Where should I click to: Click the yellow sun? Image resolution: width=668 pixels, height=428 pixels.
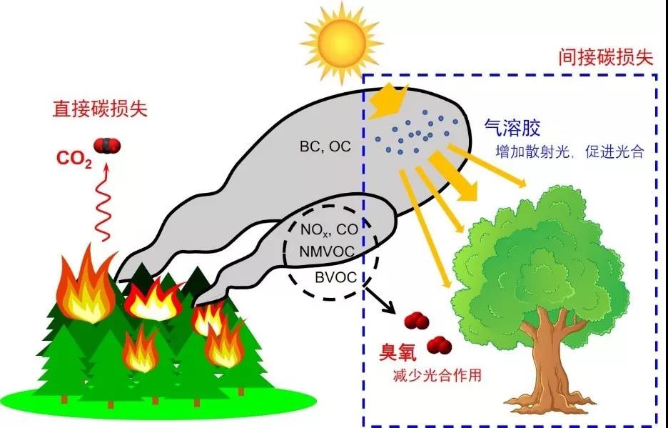342,44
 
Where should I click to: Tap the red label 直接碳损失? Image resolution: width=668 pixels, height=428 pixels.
100,109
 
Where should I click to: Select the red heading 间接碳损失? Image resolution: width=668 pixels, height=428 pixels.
606,56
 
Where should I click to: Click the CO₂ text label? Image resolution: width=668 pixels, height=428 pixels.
74,159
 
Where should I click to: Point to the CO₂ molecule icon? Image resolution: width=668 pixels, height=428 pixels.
107,146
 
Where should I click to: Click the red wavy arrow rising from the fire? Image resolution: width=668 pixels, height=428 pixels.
103,201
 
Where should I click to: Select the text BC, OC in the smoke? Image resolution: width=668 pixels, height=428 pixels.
325,146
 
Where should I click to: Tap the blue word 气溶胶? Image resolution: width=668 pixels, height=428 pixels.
512,127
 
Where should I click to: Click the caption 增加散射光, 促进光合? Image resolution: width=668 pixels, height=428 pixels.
570,152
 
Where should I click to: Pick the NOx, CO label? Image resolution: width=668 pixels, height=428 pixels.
329,230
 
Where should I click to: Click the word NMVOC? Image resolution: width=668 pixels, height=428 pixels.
327,252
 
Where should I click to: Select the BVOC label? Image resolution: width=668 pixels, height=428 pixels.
335,277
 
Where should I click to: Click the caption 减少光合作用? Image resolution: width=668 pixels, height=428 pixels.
437,376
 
